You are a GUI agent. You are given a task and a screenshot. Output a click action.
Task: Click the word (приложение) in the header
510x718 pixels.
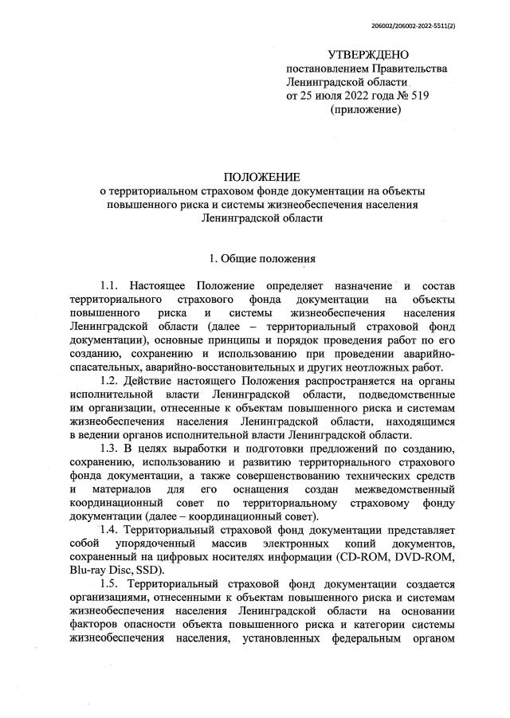pos(365,108)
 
